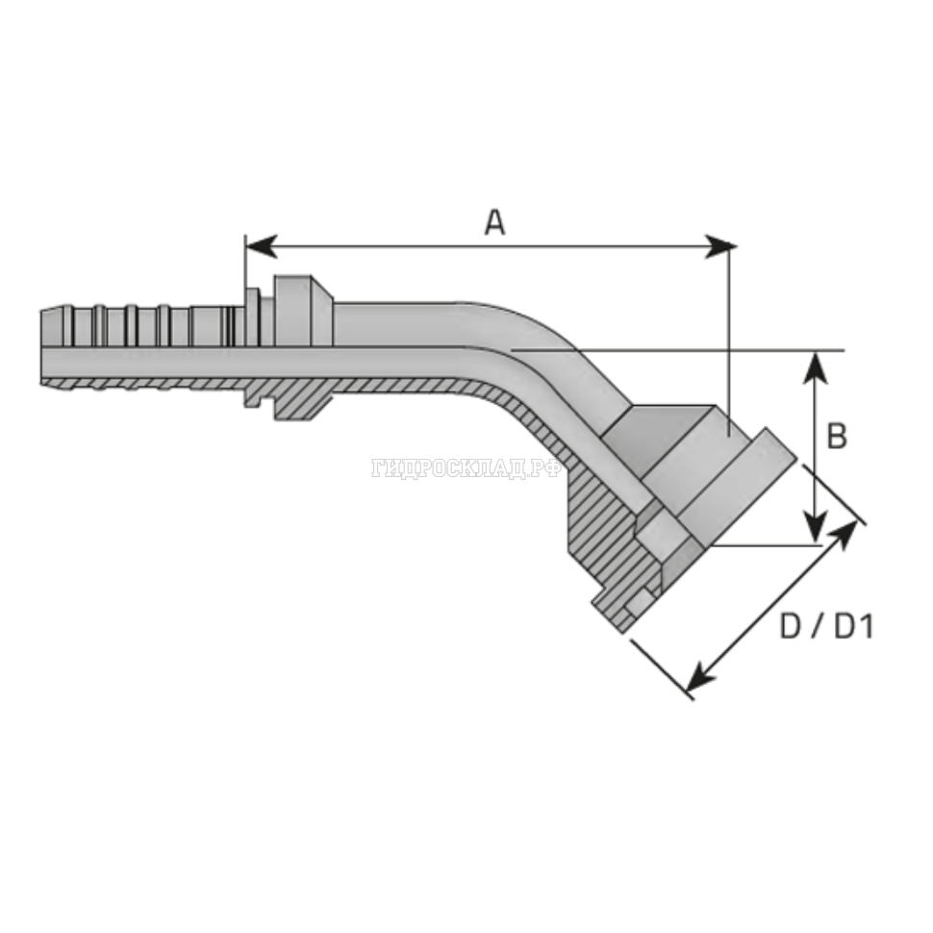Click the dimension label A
click(x=494, y=223)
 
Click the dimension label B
click(x=837, y=436)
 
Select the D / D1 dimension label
click(x=826, y=626)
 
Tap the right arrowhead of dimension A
click(x=720, y=245)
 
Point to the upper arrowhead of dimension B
click(x=816, y=367)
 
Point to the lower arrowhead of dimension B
click(x=816, y=527)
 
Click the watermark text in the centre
click(x=466, y=468)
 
